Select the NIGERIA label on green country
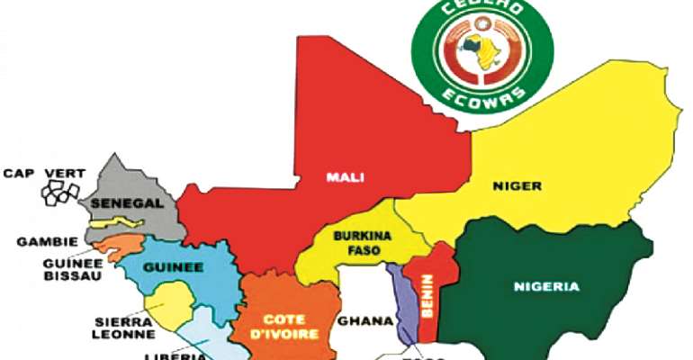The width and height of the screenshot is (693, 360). click(547, 287)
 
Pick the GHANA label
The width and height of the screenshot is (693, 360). click(364, 319)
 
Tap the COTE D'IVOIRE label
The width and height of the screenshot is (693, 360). click(285, 325)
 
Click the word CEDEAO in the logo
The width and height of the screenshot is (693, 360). click(478, 20)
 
